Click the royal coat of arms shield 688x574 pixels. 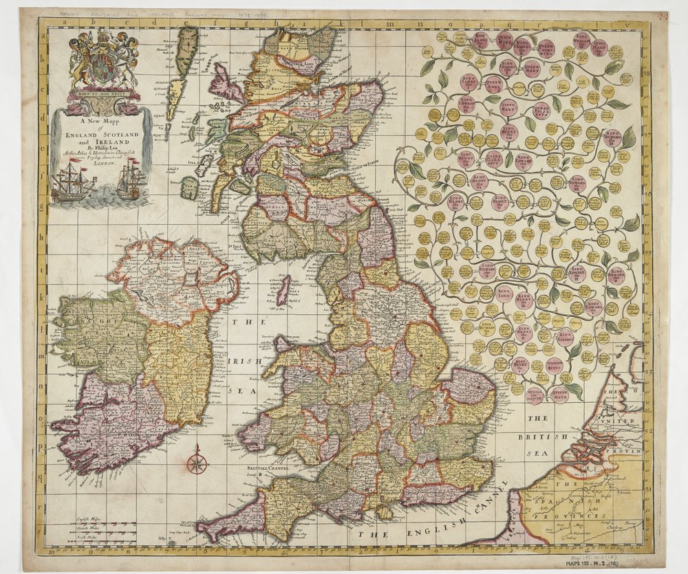point(103,66)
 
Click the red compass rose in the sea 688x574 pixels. point(197,463)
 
